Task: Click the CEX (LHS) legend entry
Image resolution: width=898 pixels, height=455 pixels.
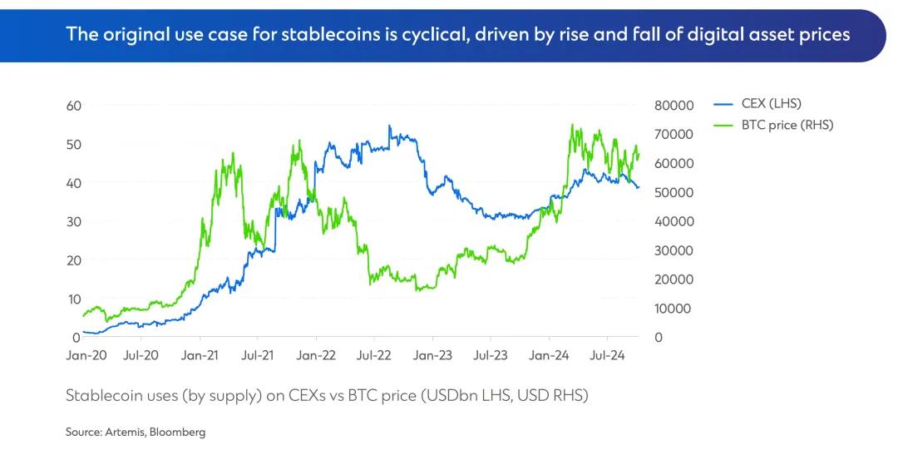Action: [771, 104]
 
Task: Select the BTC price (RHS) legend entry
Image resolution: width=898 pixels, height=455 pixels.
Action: [787, 125]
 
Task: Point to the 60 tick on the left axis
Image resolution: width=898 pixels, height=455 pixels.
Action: [73, 106]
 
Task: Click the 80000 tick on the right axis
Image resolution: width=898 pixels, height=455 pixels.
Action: [673, 106]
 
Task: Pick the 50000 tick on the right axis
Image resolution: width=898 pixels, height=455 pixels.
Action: [673, 192]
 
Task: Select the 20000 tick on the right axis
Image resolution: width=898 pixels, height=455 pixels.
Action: [673, 279]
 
